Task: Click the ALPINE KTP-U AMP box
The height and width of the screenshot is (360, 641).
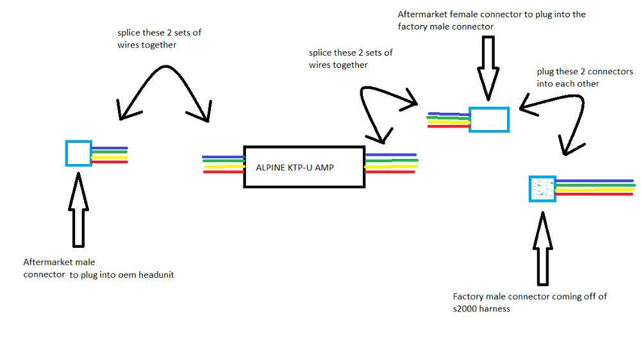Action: [304, 167]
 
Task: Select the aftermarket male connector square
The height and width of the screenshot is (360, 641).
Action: [79, 153]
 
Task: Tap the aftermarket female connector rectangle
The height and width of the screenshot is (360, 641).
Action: [488, 120]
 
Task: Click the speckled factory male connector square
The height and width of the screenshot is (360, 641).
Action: [542, 189]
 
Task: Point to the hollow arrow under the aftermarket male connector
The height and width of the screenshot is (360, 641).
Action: [78, 208]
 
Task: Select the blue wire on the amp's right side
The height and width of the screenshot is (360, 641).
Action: [391, 154]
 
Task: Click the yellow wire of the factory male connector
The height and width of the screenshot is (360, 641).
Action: [595, 189]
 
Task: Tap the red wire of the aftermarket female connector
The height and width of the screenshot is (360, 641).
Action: [448, 126]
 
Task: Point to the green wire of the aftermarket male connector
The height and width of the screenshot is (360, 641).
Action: [110, 152]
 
